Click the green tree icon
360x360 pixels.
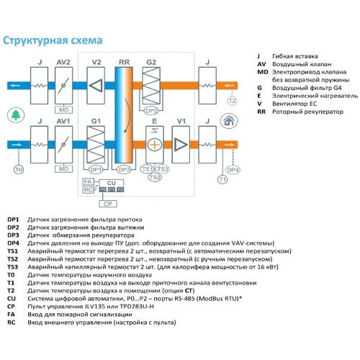15,115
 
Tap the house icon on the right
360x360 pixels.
230,120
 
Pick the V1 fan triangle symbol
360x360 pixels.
180,144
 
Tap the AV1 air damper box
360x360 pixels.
64,144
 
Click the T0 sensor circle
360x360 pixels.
19,169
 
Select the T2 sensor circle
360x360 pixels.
231,101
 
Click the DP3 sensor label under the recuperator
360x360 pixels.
123,168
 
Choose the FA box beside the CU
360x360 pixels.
88,181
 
